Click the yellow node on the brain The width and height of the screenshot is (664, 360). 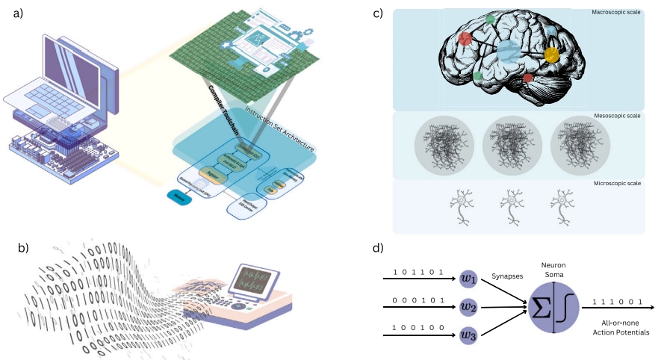pos(551,55)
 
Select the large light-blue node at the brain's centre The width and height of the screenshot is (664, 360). pos(509,52)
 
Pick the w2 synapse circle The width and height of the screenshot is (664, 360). pos(468,306)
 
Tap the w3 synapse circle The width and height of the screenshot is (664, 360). pos(468,334)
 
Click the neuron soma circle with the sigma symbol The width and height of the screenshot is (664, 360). pos(553,306)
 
